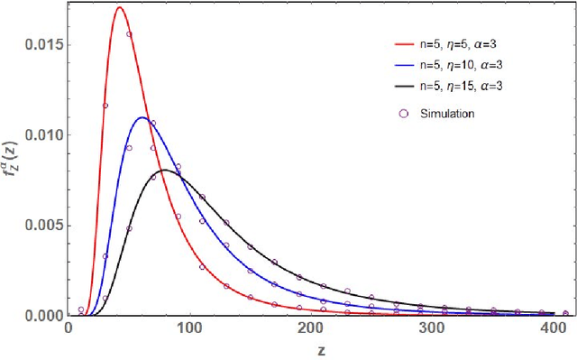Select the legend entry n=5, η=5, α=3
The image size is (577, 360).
pyautogui.click(x=446, y=42)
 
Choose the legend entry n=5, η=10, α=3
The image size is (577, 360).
pyautogui.click(x=449, y=65)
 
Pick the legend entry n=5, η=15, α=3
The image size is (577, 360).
pyautogui.click(x=449, y=88)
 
